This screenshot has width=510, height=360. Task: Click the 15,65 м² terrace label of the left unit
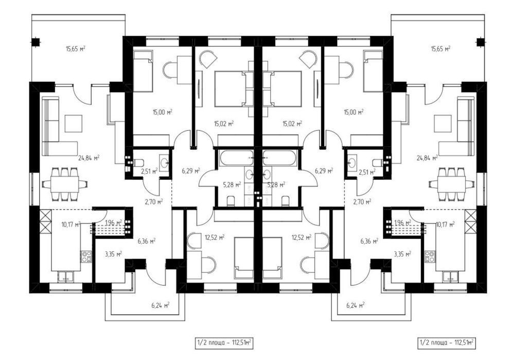click(x=76, y=49)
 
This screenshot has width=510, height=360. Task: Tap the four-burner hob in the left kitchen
click(x=86, y=256)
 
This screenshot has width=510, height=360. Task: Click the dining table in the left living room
click(x=64, y=184)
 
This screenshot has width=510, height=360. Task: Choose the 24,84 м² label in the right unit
click(x=427, y=158)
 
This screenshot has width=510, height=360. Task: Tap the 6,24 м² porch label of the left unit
click(x=161, y=305)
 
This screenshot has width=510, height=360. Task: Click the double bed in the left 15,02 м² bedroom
click(x=230, y=89)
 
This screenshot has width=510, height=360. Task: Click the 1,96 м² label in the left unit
click(x=114, y=223)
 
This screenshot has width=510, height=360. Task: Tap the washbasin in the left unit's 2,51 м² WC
click(x=164, y=162)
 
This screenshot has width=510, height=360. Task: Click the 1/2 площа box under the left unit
click(x=224, y=343)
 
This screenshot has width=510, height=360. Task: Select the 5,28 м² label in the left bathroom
click(x=232, y=185)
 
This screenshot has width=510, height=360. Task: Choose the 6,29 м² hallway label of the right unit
click(x=324, y=170)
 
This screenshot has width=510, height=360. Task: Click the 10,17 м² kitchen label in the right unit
click(x=445, y=224)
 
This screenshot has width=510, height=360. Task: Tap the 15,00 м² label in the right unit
click(x=354, y=112)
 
